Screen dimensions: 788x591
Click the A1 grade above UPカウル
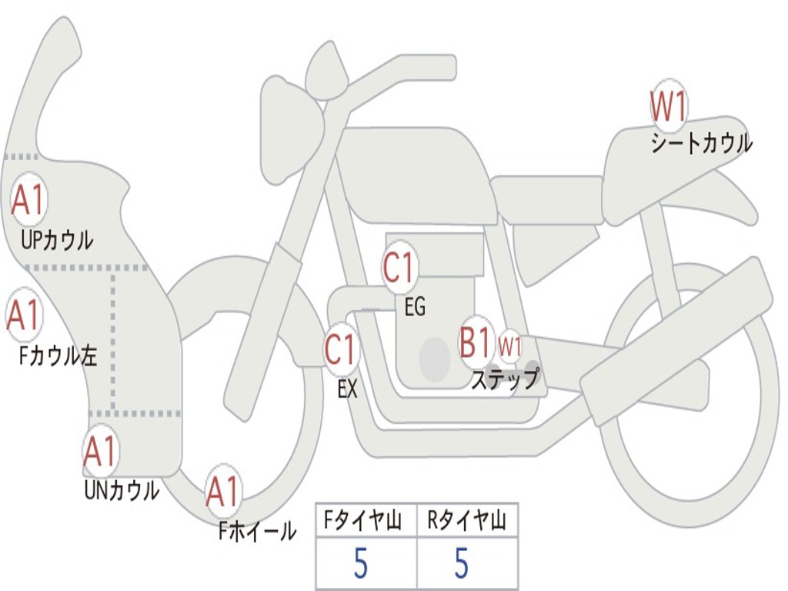coord(28,201)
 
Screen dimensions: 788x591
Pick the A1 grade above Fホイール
coord(222,492)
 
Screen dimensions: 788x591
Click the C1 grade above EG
coord(399,269)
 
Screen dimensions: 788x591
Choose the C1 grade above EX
coord(341,350)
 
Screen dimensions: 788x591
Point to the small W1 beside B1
coord(509,346)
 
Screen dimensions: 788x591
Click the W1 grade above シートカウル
coord(668,107)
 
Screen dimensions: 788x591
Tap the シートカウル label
coord(701,144)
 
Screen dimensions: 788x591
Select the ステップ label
coord(505,379)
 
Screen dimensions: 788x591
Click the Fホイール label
coord(257,530)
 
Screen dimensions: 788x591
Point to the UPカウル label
coord(57,240)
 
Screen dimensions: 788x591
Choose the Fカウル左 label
coord(58,356)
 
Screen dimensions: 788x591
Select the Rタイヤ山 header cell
coord(467,522)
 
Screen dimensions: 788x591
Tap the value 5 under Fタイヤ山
coord(360,563)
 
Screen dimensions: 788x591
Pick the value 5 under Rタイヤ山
coord(461,563)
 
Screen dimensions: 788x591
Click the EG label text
coord(415,307)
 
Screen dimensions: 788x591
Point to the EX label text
coord(347,389)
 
